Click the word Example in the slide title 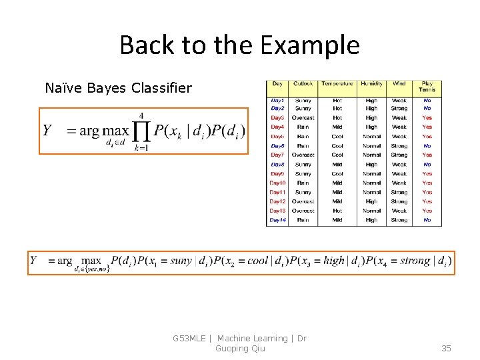(x=310, y=45)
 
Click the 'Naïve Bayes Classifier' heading (x=118, y=87)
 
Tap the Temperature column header (x=337, y=84)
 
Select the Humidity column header (x=371, y=84)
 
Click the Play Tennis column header (x=427, y=87)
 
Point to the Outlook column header (x=303, y=84)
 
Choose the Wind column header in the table (x=399, y=84)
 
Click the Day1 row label (x=277, y=100)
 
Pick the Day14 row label (x=277, y=220)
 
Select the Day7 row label (x=277, y=155)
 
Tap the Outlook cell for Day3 (x=303, y=118)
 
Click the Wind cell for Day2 (x=399, y=108)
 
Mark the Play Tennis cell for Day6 (x=427, y=145)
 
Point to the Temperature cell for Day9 (x=337, y=173)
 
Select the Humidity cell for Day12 (x=371, y=201)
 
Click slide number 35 (x=446, y=348)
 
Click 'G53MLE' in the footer (x=189, y=339)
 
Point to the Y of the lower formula (x=34, y=261)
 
